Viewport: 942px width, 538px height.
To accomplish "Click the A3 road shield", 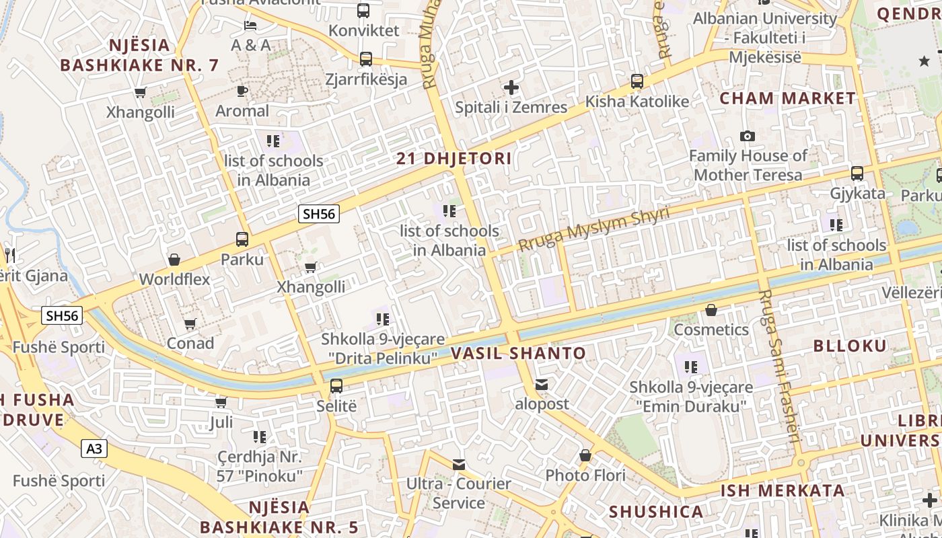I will pyautogui.click(x=95, y=448).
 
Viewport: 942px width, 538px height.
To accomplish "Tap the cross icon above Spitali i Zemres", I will pyautogui.click(x=511, y=87).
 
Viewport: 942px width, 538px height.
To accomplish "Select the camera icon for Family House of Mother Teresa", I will pyautogui.click(x=747, y=137).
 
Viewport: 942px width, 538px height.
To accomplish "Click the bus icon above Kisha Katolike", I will pyautogui.click(x=637, y=81).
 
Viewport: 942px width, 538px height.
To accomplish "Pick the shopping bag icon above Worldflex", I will pyautogui.click(x=174, y=260).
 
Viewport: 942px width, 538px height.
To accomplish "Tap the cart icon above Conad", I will pyautogui.click(x=190, y=324).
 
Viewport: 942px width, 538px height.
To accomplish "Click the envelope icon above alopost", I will pyautogui.click(x=542, y=385).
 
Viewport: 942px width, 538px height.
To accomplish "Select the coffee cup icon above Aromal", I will pyautogui.click(x=242, y=91).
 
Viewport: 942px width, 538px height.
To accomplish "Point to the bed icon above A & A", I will pyautogui.click(x=250, y=26).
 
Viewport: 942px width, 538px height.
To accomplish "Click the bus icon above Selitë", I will pyautogui.click(x=336, y=386).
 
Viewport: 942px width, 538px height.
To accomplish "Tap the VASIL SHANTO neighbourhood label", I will pyautogui.click(x=518, y=353).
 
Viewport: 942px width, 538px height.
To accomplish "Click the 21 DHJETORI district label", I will pyautogui.click(x=454, y=159).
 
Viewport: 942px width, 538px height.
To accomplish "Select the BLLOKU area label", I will pyautogui.click(x=850, y=346).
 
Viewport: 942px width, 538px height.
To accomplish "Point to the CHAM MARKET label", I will pyautogui.click(x=787, y=98).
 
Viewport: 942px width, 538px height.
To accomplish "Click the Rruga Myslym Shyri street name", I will pyautogui.click(x=594, y=229).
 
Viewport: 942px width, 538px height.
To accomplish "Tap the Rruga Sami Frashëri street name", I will pyautogui.click(x=779, y=366).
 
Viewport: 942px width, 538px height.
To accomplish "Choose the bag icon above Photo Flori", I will pyautogui.click(x=585, y=456).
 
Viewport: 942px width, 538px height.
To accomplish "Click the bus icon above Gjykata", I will pyautogui.click(x=857, y=174).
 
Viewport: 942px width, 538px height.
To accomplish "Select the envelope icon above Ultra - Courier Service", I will pyautogui.click(x=459, y=464).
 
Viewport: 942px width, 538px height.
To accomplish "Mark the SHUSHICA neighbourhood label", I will pyautogui.click(x=656, y=512).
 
